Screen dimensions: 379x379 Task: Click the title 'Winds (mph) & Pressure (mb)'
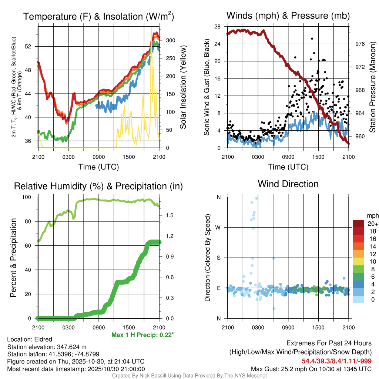click(288, 16)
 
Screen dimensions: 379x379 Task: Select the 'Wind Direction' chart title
click(288, 184)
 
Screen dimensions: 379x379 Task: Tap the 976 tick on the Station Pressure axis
click(360, 44)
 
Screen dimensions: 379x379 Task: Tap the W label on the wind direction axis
click(219, 227)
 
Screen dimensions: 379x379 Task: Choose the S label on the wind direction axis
click(219, 258)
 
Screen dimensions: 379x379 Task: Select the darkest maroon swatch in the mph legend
click(358, 224)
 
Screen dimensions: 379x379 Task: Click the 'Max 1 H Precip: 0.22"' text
click(142, 335)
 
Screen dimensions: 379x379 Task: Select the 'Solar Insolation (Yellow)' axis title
click(183, 87)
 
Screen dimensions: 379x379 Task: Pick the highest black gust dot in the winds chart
click(312, 38)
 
